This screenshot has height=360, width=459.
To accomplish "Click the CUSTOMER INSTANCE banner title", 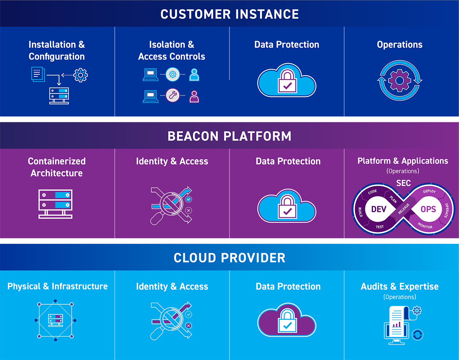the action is [x=229, y=14].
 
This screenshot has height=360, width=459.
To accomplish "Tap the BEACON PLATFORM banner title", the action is [x=229, y=136].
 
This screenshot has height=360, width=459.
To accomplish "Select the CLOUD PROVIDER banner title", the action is [x=229, y=258].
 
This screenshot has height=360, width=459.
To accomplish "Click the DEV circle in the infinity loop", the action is [x=379, y=209].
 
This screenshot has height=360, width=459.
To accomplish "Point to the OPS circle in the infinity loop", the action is [x=428, y=209].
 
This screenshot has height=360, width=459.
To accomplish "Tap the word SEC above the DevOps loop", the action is [x=404, y=183].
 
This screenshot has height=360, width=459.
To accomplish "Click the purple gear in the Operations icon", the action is [x=399, y=80].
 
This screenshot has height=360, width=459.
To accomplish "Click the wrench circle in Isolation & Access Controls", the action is [x=172, y=95].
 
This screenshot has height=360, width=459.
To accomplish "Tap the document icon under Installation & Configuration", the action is [x=38, y=74].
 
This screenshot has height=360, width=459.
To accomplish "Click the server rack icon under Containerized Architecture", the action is [x=55, y=204].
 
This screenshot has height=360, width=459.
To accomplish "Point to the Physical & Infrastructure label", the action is [x=57, y=286].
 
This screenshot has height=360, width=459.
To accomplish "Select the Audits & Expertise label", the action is [x=400, y=286].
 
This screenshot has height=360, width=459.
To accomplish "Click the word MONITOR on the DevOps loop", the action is [x=425, y=226].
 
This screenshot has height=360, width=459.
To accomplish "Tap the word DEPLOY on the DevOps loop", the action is [x=429, y=191].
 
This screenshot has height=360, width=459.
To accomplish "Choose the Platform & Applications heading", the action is [x=403, y=161].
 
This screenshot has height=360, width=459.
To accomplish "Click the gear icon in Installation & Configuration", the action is [x=80, y=75].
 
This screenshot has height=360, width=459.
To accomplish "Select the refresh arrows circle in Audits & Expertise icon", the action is [x=418, y=335].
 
